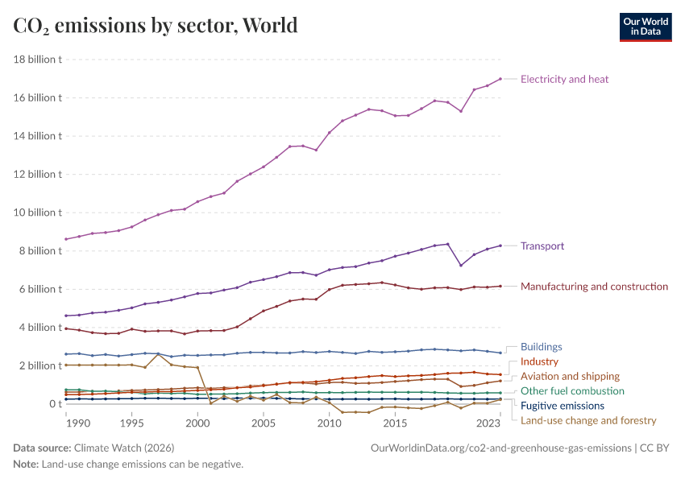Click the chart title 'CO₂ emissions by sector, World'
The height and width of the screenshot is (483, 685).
(x=156, y=25)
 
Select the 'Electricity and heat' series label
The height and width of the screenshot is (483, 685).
(x=564, y=79)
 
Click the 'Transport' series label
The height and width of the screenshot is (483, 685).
(x=542, y=246)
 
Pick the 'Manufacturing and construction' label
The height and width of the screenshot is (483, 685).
(x=594, y=286)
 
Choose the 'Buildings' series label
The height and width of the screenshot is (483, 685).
(x=541, y=346)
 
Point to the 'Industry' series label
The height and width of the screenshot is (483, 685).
(x=539, y=361)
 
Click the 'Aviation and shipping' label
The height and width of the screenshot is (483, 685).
(x=570, y=376)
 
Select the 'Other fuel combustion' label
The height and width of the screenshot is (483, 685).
(x=572, y=390)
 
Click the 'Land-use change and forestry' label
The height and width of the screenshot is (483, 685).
(x=588, y=420)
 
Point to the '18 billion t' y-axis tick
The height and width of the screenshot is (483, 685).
(x=38, y=60)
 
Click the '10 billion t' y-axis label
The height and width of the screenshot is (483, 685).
(x=38, y=213)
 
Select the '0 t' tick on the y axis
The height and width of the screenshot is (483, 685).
(x=54, y=403)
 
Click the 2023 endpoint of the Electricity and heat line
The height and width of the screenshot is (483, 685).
(x=500, y=79)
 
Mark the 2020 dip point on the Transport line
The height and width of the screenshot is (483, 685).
(x=461, y=266)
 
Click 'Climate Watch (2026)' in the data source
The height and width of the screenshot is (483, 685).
(x=123, y=448)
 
